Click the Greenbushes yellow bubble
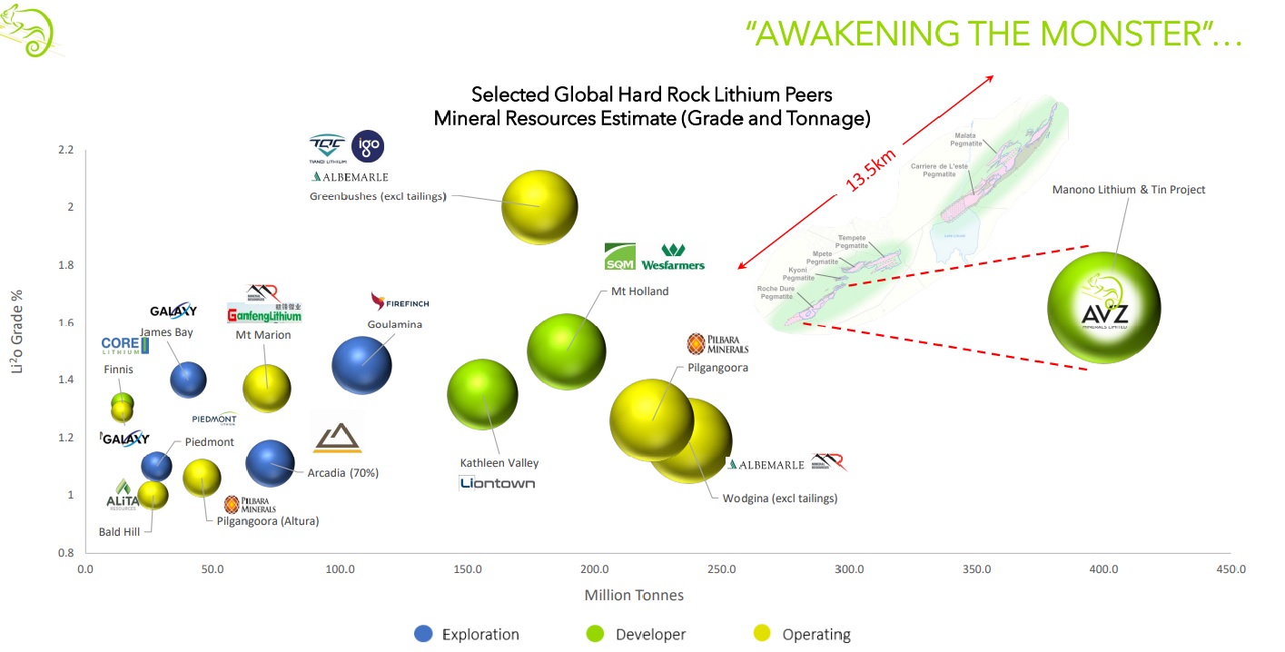pos(539,206)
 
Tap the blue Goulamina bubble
pos(361,365)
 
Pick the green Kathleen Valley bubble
pos(482,394)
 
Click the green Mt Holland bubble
pos(566,351)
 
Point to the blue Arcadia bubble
pos(271,463)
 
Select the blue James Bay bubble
pos(188,379)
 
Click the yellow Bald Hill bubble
pos(153,496)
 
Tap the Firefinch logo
pos(400,302)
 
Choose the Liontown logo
pos(497,482)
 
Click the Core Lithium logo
pos(125,345)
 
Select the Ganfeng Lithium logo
pos(264,314)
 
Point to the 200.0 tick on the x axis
pos(595,569)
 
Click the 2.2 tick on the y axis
pos(65,149)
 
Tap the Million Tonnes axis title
pos(633,596)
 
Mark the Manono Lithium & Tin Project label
pos(1129,190)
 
